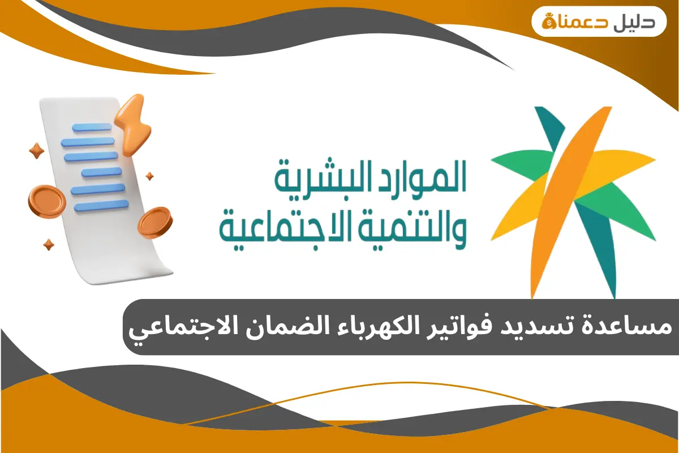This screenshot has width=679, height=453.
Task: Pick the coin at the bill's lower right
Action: (x=154, y=222)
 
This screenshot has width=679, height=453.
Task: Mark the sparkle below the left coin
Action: (x=49, y=245)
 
